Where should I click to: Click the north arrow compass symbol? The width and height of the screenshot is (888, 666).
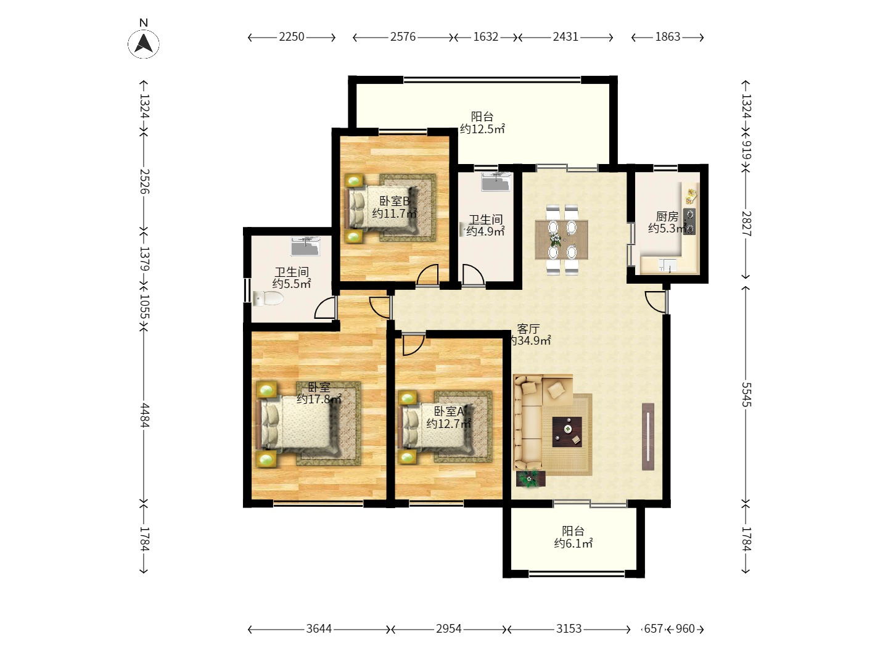point(144,43)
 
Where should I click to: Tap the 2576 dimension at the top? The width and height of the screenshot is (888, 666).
point(403,37)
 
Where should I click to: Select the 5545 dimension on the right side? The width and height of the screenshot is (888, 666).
point(746,394)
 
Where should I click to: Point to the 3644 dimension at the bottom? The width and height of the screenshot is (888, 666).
point(319,629)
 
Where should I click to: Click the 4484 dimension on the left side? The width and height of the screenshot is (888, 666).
point(144,415)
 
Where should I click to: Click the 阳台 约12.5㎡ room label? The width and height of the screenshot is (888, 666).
point(482,123)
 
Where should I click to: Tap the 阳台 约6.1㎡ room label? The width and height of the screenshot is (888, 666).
point(573,537)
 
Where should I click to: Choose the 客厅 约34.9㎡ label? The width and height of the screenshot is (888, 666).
point(528,334)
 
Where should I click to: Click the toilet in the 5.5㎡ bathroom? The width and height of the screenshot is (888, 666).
point(268,299)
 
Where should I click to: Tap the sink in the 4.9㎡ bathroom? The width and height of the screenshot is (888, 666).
point(496,182)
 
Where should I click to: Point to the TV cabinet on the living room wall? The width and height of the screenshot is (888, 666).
point(647,436)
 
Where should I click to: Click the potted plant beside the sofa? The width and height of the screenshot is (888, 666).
point(528,478)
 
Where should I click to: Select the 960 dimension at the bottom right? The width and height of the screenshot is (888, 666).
point(684,629)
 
